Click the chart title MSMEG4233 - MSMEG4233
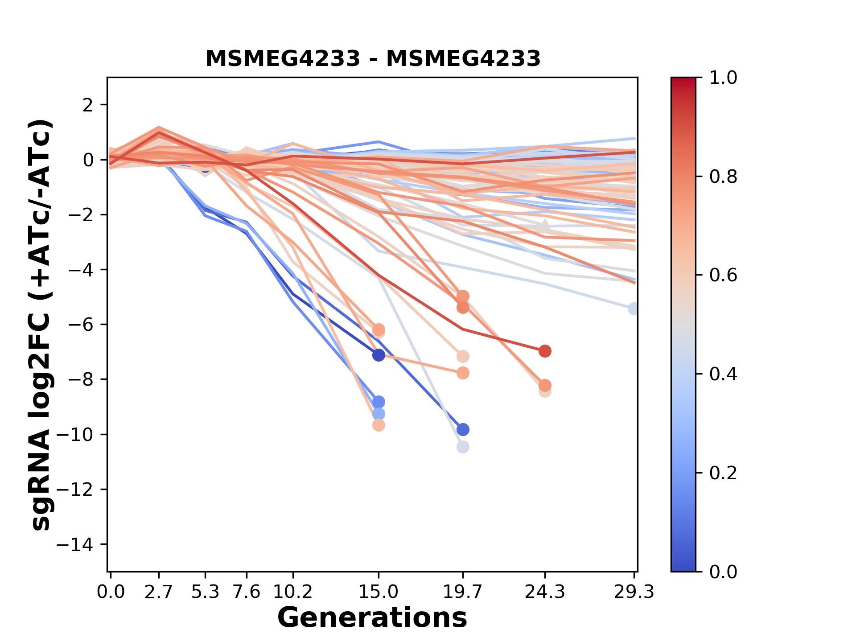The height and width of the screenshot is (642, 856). point(373,58)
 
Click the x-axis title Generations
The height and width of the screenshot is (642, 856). point(372,618)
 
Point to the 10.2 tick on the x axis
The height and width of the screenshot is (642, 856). point(292,592)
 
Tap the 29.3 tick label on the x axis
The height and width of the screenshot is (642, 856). point(634,592)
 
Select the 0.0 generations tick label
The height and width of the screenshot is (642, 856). point(111,592)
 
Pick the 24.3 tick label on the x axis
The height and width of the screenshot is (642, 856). point(544,592)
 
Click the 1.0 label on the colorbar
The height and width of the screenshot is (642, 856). point(723,78)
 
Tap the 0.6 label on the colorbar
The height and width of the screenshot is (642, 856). point(723,276)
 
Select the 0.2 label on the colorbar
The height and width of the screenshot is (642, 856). point(723,473)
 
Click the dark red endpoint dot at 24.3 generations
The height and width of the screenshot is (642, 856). point(545,351)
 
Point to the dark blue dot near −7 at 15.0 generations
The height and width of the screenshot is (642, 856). point(379,355)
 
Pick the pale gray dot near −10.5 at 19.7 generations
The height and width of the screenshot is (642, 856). point(463,447)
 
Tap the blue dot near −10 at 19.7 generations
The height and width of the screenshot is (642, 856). point(463,430)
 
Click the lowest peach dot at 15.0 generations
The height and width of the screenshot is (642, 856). point(379,425)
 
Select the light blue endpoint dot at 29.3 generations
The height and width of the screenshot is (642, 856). point(633,309)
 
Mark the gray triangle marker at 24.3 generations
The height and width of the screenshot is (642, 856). point(544,226)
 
